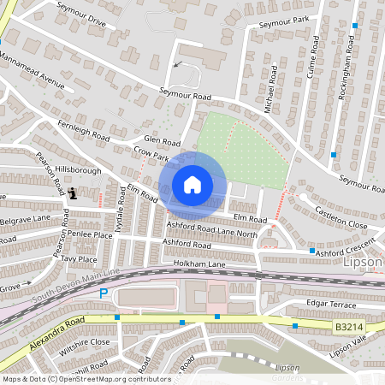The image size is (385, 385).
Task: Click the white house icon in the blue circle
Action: click(192, 184)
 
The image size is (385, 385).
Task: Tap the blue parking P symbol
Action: click(104, 293)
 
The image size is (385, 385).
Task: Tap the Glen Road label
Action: click(163, 142)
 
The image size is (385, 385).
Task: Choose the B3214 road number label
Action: click(344, 326)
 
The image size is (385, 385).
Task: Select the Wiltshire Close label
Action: click(85, 346)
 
